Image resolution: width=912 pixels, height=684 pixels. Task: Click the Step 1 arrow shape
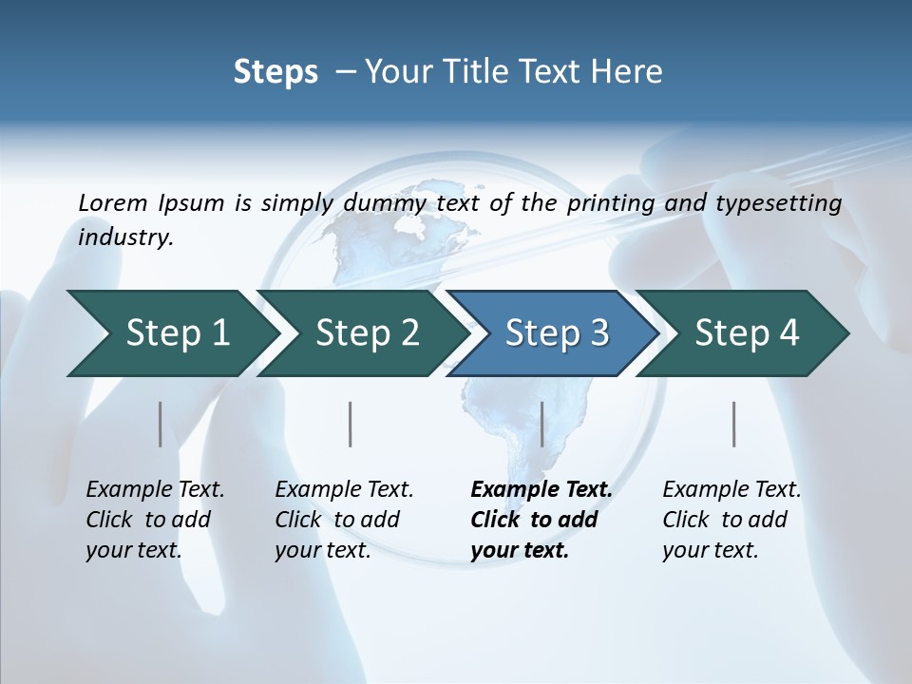(171, 333)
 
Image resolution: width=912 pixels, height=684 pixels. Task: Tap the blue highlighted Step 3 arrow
(556, 333)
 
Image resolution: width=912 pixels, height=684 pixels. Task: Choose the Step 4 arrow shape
(747, 333)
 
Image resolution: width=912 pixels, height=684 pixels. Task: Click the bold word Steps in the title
(275, 72)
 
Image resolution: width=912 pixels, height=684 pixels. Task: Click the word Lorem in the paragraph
(113, 202)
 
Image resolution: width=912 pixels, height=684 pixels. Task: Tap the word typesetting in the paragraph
(785, 202)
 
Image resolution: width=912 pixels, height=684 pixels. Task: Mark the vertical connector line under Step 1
(160, 424)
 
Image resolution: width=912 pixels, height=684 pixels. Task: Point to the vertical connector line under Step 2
(351, 424)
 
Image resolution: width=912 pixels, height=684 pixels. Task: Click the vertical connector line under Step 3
(541, 424)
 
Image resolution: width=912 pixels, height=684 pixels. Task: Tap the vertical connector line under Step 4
(734, 424)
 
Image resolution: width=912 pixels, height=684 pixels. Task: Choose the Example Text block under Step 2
(342, 520)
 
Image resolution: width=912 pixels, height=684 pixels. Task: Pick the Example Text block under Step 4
(730, 520)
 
